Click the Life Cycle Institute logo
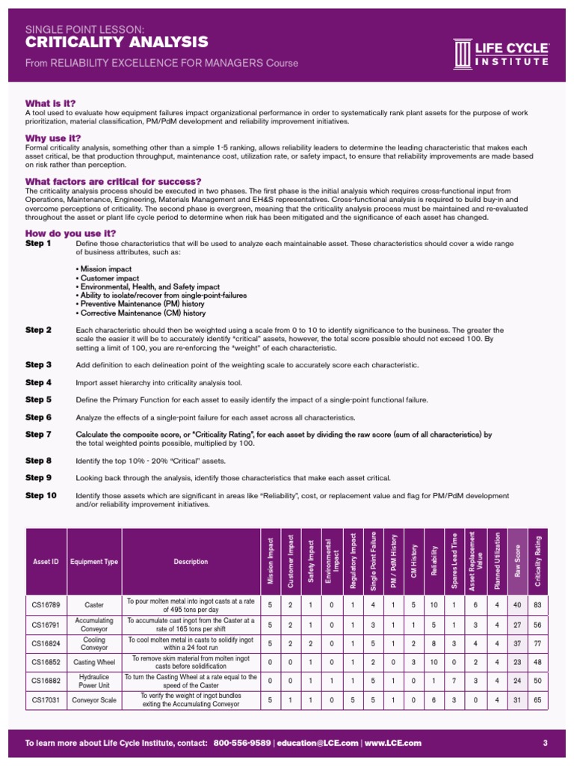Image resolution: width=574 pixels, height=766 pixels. pos(501,52)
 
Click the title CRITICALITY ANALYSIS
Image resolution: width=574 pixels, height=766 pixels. pos(117,43)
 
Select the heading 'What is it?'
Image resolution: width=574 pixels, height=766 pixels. pos(51,103)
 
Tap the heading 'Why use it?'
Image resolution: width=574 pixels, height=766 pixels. pos(53,138)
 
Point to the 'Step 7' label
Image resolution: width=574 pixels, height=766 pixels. pos(38,435)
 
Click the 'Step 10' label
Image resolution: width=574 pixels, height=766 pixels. pos(40,495)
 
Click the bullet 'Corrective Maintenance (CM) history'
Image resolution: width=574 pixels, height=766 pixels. pos(141,313)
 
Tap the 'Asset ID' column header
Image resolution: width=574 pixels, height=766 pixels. pos(46,562)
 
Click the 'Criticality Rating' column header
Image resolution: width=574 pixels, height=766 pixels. pos(538,561)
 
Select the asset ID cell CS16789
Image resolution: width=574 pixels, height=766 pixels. pos(46,605)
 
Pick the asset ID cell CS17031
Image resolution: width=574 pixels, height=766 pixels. pos(46,700)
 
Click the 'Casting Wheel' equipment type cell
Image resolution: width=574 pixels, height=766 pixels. pos(94,662)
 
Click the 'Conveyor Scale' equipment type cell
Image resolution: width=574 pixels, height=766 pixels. pos(94,700)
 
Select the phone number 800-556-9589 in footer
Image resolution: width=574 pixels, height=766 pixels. pos(242,743)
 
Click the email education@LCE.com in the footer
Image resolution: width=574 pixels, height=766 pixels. pos(318,743)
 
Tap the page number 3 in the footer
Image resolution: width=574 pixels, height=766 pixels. pos(546,743)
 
